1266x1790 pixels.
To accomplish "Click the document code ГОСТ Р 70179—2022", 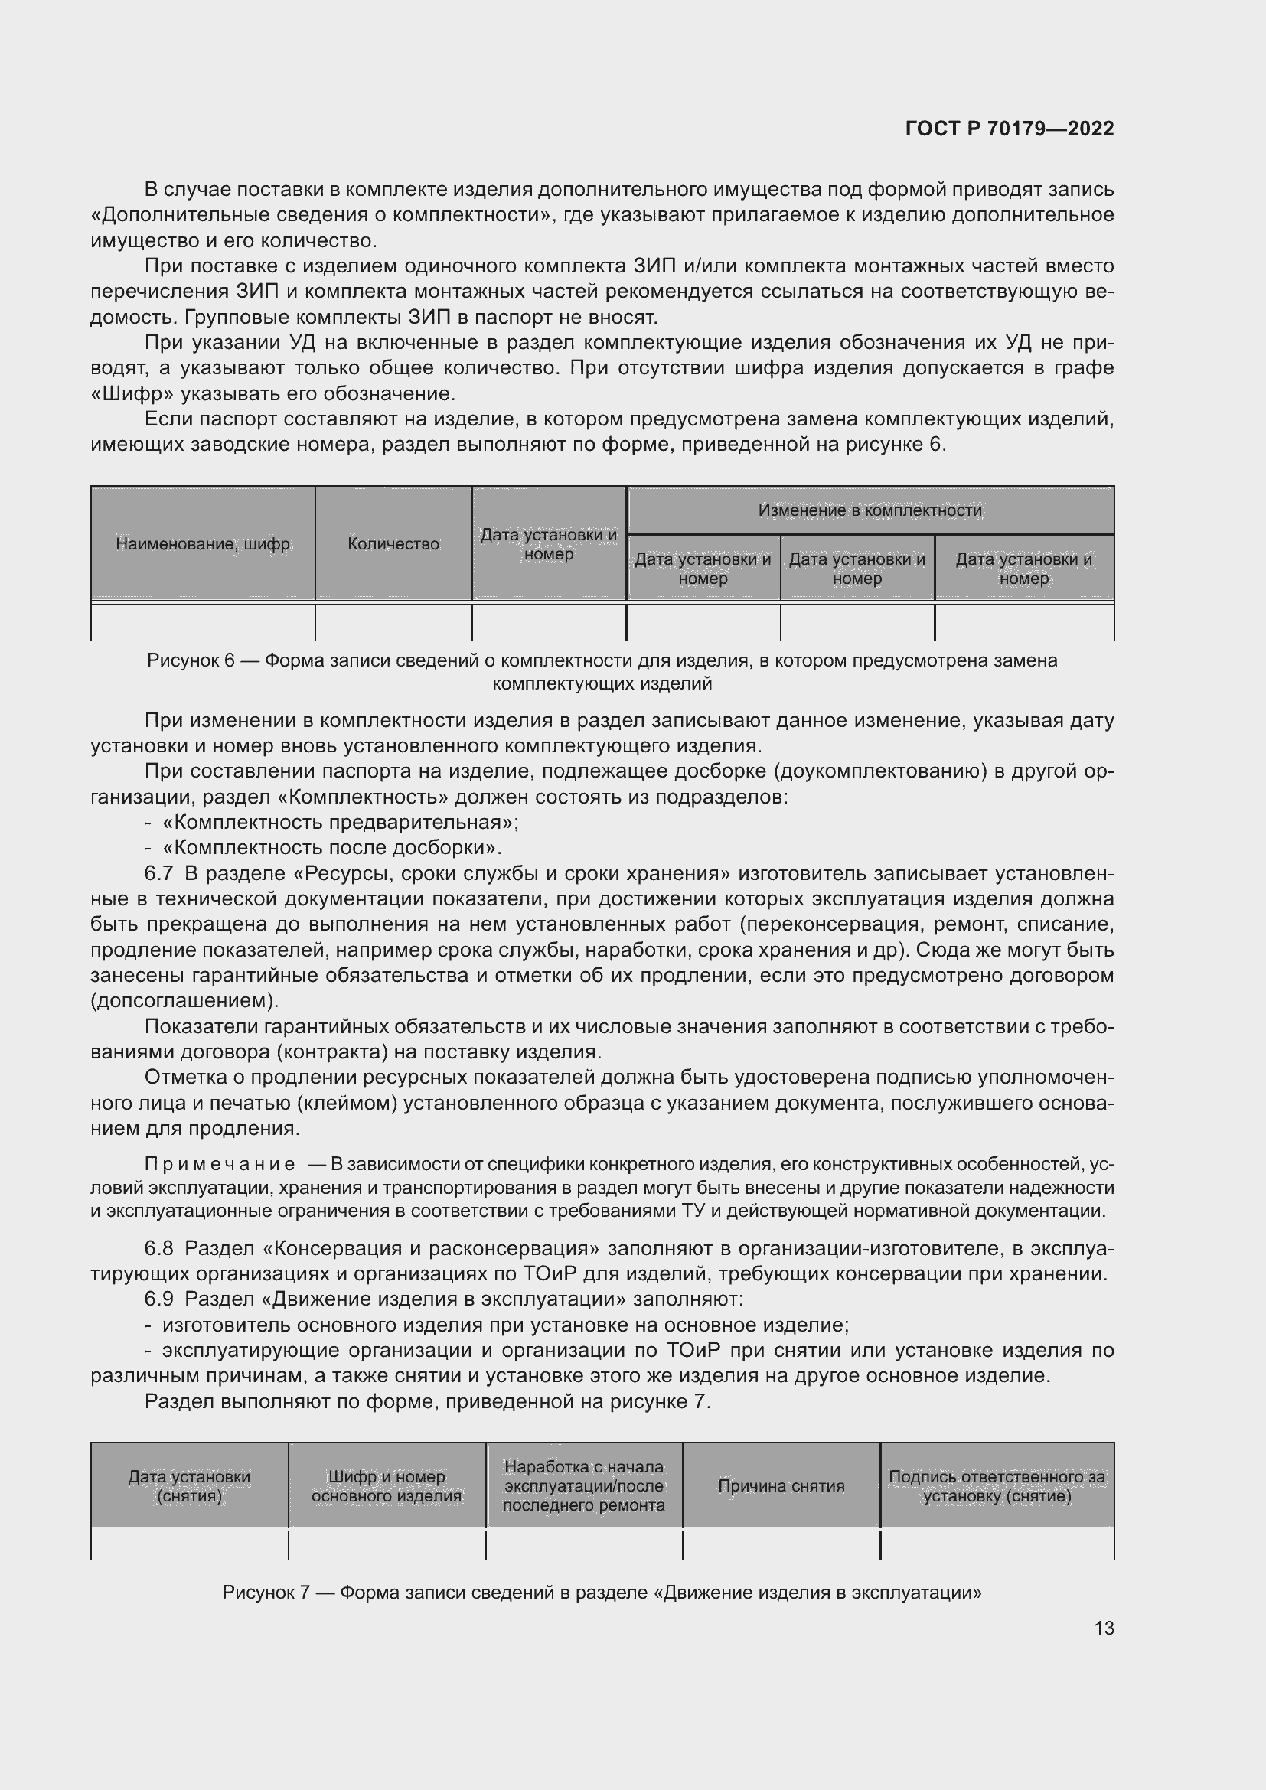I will point(1010,129).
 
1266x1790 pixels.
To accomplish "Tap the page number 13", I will point(1104,1628).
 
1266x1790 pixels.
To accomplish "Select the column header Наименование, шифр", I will point(203,544).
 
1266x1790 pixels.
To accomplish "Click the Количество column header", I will point(393,544).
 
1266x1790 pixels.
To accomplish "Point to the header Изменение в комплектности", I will point(870,510).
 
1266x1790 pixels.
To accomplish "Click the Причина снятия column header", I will point(781,1486).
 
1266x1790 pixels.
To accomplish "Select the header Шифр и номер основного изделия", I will point(386,1486).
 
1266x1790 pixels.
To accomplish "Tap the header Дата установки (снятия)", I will point(189,1486).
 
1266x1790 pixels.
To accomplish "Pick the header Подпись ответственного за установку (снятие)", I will point(997,1486).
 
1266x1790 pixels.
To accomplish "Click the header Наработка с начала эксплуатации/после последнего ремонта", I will point(584,1486).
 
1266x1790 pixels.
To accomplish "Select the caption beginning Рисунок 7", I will point(602,1592).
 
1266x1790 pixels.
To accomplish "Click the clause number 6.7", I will point(158,873).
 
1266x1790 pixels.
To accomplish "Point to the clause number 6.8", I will point(158,1248).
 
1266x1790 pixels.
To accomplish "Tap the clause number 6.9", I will point(158,1299).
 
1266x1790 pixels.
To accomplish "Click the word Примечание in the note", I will point(219,1164).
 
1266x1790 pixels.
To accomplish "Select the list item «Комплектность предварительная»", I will point(341,823).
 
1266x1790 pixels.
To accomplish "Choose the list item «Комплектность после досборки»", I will point(332,847).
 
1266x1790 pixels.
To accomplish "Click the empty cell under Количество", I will point(393,622).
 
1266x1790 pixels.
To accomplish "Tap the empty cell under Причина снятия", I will point(781,1544).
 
